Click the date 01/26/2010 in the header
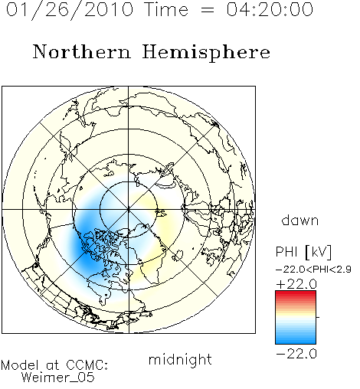(70, 10)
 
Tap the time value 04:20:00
(270, 9)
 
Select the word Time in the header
(166, 9)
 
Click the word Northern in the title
(82, 51)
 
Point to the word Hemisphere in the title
(206, 53)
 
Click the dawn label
(300, 221)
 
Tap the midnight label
(180, 359)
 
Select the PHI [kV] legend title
(303, 252)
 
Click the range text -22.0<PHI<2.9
(313, 270)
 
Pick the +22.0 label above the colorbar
(296, 284)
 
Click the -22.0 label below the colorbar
(296, 354)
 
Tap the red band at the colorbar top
(296, 294)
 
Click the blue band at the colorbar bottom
(296, 340)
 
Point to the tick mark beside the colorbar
(318, 317)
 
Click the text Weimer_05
(58, 378)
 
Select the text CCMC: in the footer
(87, 365)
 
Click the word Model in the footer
(20, 365)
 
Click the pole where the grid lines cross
(129, 210)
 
